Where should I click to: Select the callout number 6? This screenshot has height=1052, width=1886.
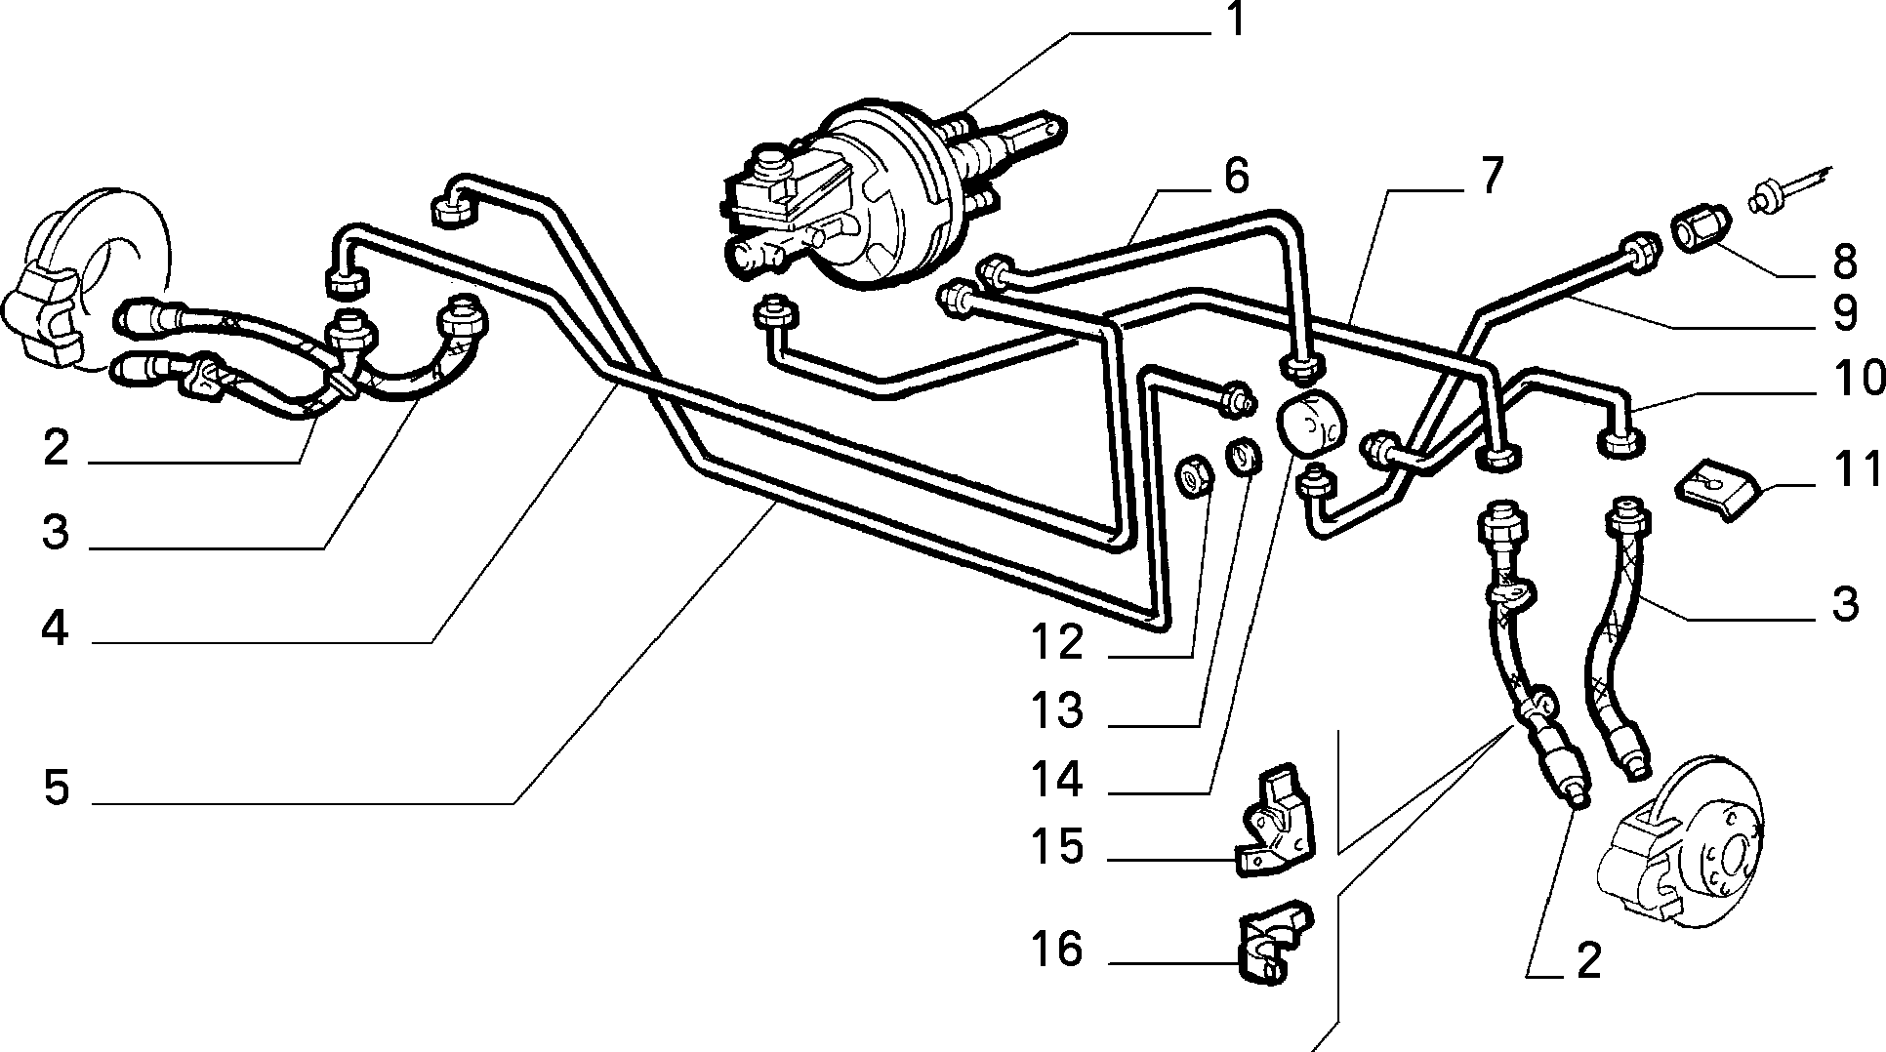point(1235,177)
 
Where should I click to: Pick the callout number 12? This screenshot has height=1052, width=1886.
point(1057,642)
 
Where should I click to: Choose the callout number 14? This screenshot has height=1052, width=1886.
point(1057,780)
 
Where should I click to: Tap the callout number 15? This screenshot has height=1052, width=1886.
point(1057,847)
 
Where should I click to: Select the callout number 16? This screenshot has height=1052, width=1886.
point(1057,949)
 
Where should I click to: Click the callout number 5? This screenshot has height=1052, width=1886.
point(57,787)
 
